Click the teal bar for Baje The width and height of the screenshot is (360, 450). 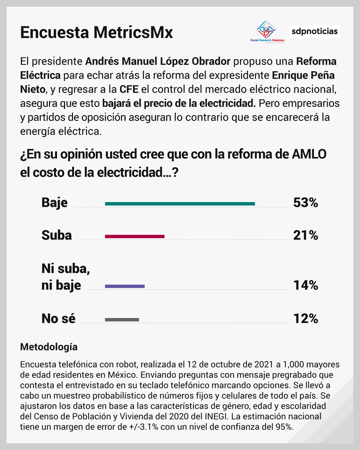180,204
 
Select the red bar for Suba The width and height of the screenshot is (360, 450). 135,236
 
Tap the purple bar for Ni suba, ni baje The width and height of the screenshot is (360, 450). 125,286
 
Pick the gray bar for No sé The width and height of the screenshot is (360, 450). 122,320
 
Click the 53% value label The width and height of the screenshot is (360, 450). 306,203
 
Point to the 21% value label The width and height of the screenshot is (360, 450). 306,235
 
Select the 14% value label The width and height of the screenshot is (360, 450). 306,285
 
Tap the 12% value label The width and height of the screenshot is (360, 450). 306,319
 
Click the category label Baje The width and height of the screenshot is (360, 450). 54,203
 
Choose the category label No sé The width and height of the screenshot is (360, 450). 58,319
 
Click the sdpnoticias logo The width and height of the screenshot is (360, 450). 314,31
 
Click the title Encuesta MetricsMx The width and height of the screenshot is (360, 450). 97,32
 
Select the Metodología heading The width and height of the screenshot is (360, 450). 49,347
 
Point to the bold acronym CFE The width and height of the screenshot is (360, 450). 129,89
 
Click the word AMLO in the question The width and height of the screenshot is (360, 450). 309,154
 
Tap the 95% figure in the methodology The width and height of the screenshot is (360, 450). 284,427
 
